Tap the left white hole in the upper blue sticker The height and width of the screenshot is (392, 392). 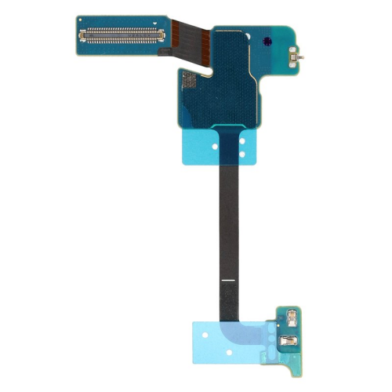214,147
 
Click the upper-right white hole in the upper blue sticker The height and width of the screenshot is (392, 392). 242,140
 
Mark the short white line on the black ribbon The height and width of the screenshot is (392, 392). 227,280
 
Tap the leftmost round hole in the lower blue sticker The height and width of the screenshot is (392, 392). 205,335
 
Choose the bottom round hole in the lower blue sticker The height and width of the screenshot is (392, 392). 229,352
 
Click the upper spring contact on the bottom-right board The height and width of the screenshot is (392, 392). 292,317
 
